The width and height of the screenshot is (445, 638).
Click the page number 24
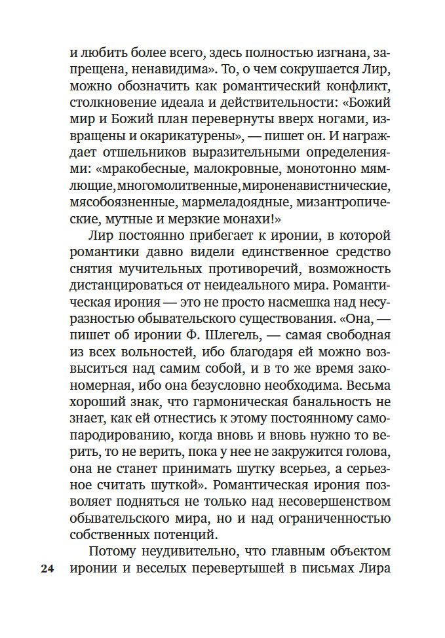coord(47,569)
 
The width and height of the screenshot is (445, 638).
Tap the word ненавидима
coord(151,69)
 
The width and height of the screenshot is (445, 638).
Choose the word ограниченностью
coord(336,517)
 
